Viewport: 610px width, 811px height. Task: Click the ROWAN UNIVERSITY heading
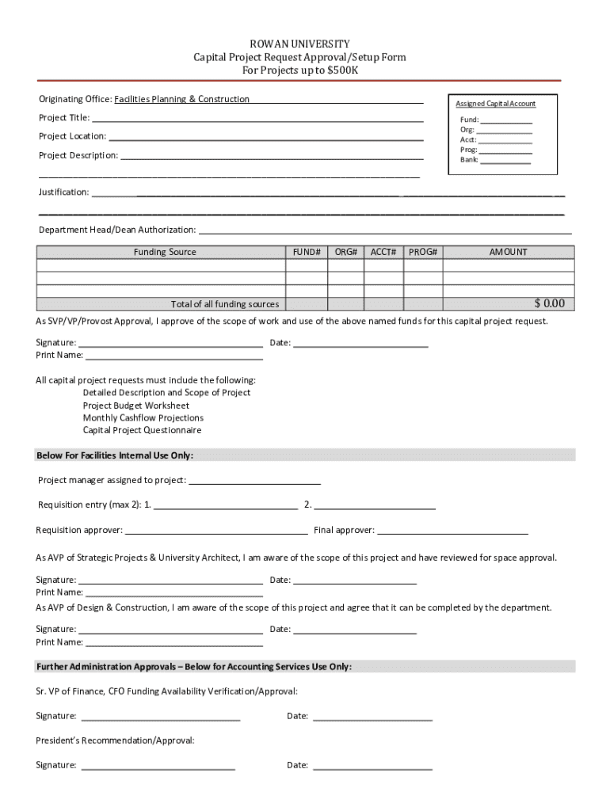pyautogui.click(x=299, y=44)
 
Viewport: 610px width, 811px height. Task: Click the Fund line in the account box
pyautogui.click(x=506, y=121)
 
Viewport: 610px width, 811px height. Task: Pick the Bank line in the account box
pyautogui.click(x=505, y=161)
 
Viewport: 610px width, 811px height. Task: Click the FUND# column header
pyautogui.click(x=306, y=252)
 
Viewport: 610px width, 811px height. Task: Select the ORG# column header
pyautogui.click(x=346, y=252)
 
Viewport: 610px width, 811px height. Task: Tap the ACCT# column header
pyautogui.click(x=383, y=252)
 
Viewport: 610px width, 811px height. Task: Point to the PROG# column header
pyautogui.click(x=423, y=252)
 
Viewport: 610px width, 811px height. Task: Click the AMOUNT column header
pyautogui.click(x=508, y=252)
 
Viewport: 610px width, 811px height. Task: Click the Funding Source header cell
pyautogui.click(x=165, y=252)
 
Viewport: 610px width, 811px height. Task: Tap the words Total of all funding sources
pyautogui.click(x=225, y=305)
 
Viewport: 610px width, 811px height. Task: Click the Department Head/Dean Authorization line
pyautogui.click(x=385, y=231)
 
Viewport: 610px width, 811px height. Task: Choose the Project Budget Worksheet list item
pyautogui.click(x=136, y=405)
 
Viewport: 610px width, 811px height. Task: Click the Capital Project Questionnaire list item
pyautogui.click(x=142, y=431)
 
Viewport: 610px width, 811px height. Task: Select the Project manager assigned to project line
pyautogui.click(x=255, y=481)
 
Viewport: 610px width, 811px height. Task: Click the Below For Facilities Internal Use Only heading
pyautogui.click(x=115, y=455)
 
